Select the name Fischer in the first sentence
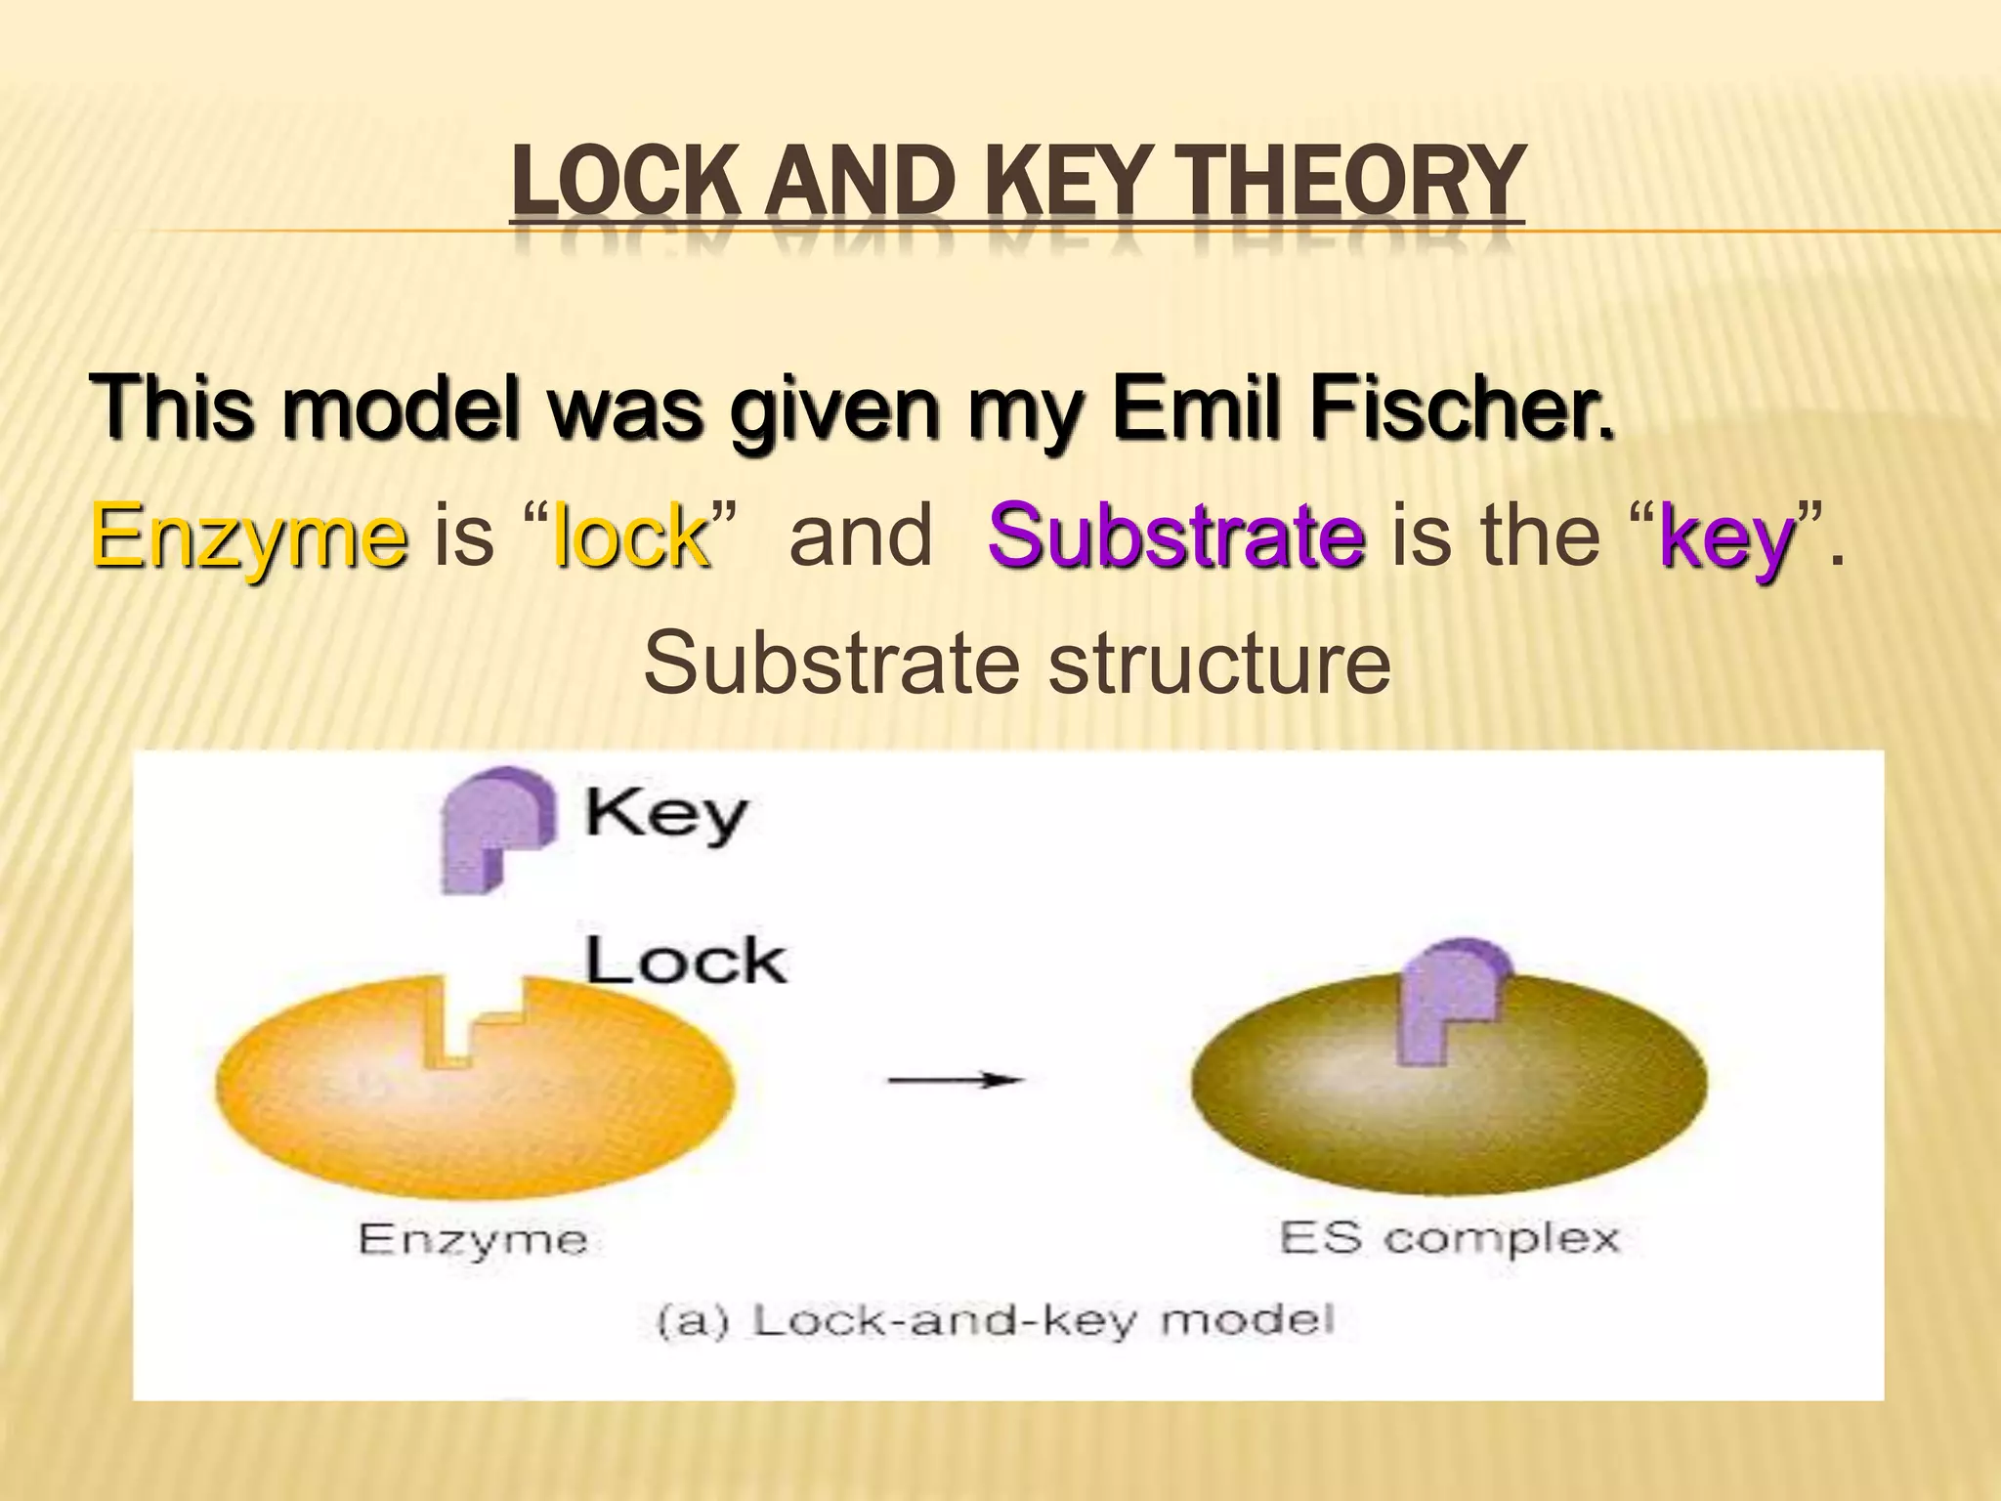[x=1462, y=408]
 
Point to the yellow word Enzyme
[x=249, y=537]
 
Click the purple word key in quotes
[x=1727, y=537]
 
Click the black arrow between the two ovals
[x=955, y=1080]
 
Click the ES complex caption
[x=1450, y=1238]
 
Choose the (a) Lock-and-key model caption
[x=995, y=1321]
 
